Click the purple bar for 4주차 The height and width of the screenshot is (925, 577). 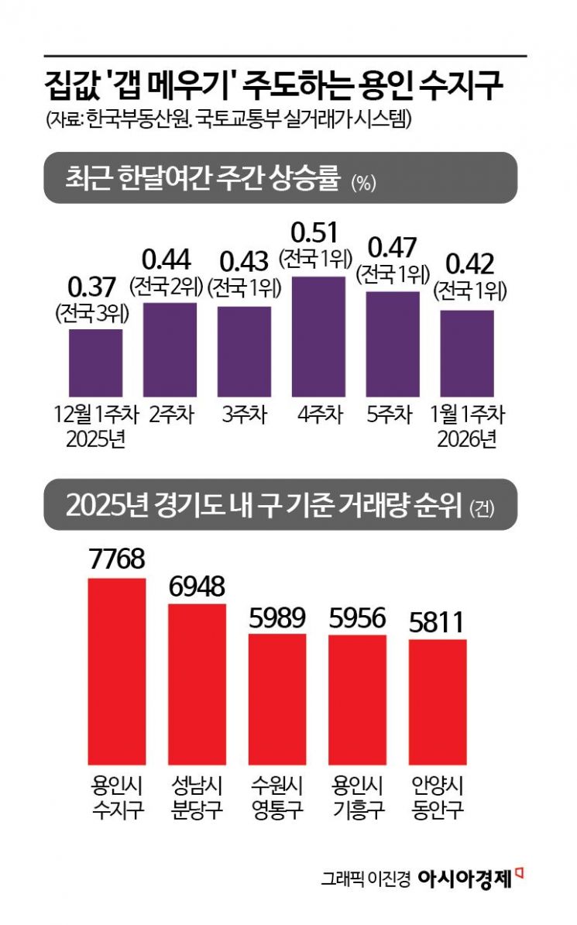click(x=318, y=337)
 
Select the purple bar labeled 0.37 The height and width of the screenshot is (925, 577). click(x=95, y=363)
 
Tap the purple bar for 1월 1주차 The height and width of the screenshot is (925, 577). click(x=467, y=353)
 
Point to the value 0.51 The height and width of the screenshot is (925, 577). click(x=318, y=232)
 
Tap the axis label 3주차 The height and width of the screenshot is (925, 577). click(x=243, y=414)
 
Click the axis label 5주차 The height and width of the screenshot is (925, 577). click(x=393, y=414)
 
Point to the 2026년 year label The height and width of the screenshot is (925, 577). click(x=466, y=438)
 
